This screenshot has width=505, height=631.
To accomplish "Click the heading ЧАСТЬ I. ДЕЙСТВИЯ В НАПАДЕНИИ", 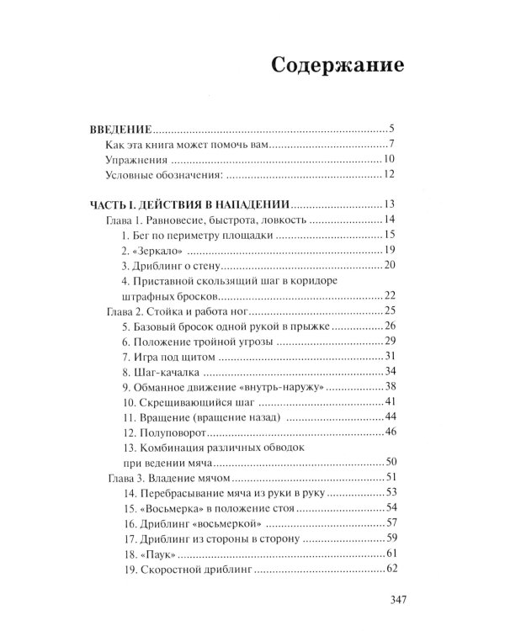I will pyautogui.click(x=190, y=204).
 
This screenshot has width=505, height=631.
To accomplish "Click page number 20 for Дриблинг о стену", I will pyautogui.click(x=389, y=265).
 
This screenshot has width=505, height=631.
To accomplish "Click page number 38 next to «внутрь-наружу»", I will pyautogui.click(x=389, y=386).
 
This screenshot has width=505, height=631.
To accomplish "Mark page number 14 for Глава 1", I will pyautogui.click(x=389, y=220).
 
